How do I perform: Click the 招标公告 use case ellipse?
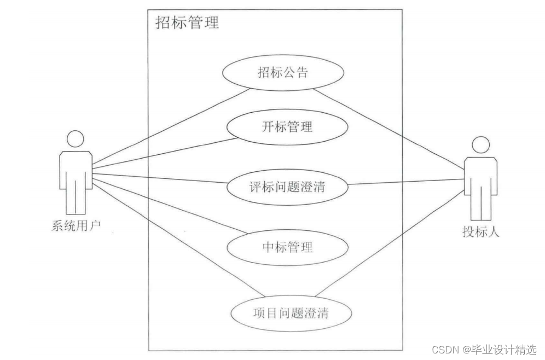pos(283,73)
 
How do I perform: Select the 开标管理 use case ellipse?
pos(288,127)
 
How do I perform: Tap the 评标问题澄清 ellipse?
pos(287,187)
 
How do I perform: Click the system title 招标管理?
pos(188,22)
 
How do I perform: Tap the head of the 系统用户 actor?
pos(75,138)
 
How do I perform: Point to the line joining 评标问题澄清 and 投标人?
pos(405,183)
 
